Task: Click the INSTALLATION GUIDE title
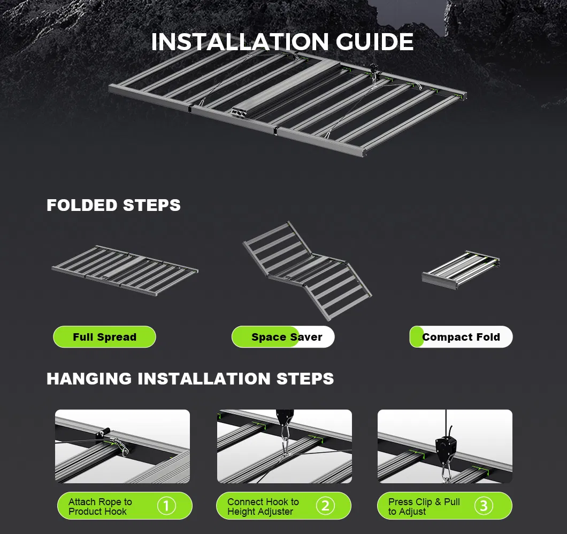point(282,42)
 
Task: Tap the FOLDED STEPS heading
point(113,205)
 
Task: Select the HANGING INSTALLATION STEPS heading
point(190,379)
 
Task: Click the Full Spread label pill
point(104,337)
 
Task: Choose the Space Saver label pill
point(283,337)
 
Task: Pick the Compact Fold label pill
point(461,337)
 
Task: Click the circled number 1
point(166,506)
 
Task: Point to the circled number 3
point(484,506)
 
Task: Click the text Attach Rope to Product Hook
point(100,506)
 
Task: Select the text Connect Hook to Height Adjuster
point(263,506)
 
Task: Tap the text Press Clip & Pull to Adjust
point(424,506)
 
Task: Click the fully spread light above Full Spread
point(125,270)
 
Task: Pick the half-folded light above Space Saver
point(307,270)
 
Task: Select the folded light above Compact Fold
point(461,270)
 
